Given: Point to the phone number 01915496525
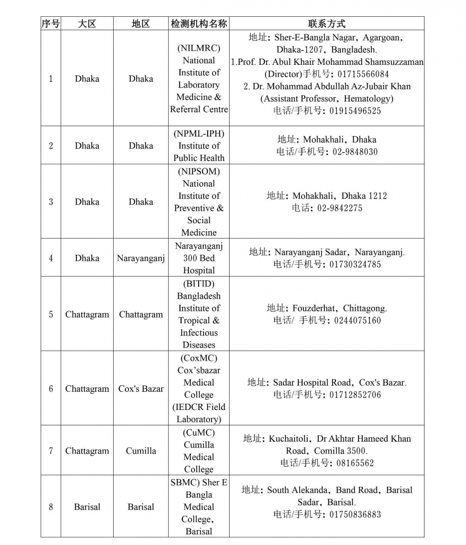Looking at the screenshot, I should [355, 111].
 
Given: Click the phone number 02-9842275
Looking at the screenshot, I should [340, 208].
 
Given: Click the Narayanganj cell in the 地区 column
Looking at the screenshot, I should [141, 258].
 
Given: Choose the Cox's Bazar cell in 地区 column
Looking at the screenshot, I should [141, 389].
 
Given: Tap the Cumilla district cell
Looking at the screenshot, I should [141, 451].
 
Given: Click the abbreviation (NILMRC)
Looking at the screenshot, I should [199, 48].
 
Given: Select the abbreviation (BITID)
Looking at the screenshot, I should [199, 284].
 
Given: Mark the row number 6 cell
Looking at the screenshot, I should [51, 389].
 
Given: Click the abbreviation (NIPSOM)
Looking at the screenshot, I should [199, 171].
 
